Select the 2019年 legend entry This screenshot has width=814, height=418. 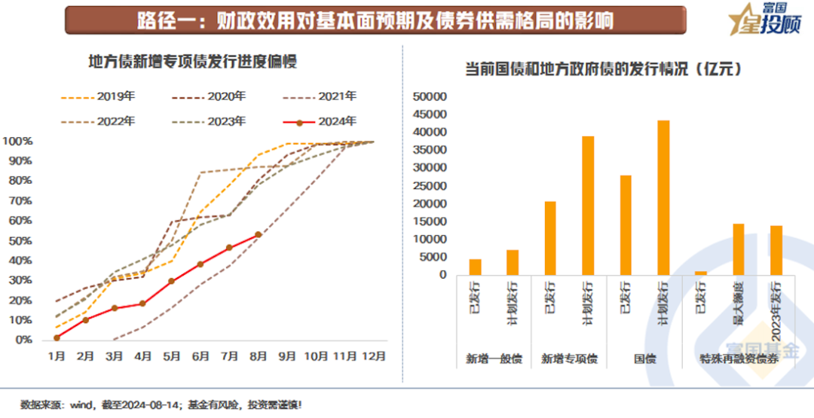point(98,96)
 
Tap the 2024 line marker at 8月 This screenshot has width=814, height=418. point(259,235)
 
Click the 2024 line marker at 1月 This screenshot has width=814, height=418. point(57,337)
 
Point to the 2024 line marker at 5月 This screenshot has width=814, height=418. point(172,281)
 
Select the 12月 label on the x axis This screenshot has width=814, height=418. point(374,355)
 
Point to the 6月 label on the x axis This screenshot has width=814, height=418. point(200,355)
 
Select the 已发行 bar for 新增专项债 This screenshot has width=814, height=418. point(550,238)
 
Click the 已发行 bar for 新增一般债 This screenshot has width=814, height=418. point(475,267)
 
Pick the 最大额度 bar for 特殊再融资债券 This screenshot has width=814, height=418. point(739,249)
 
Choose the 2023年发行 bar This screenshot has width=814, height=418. point(776,250)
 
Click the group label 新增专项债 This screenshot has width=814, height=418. point(569,359)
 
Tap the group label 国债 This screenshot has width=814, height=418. point(644,359)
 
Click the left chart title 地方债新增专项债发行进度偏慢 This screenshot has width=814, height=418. point(193,62)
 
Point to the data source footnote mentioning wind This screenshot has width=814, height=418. point(162,405)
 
